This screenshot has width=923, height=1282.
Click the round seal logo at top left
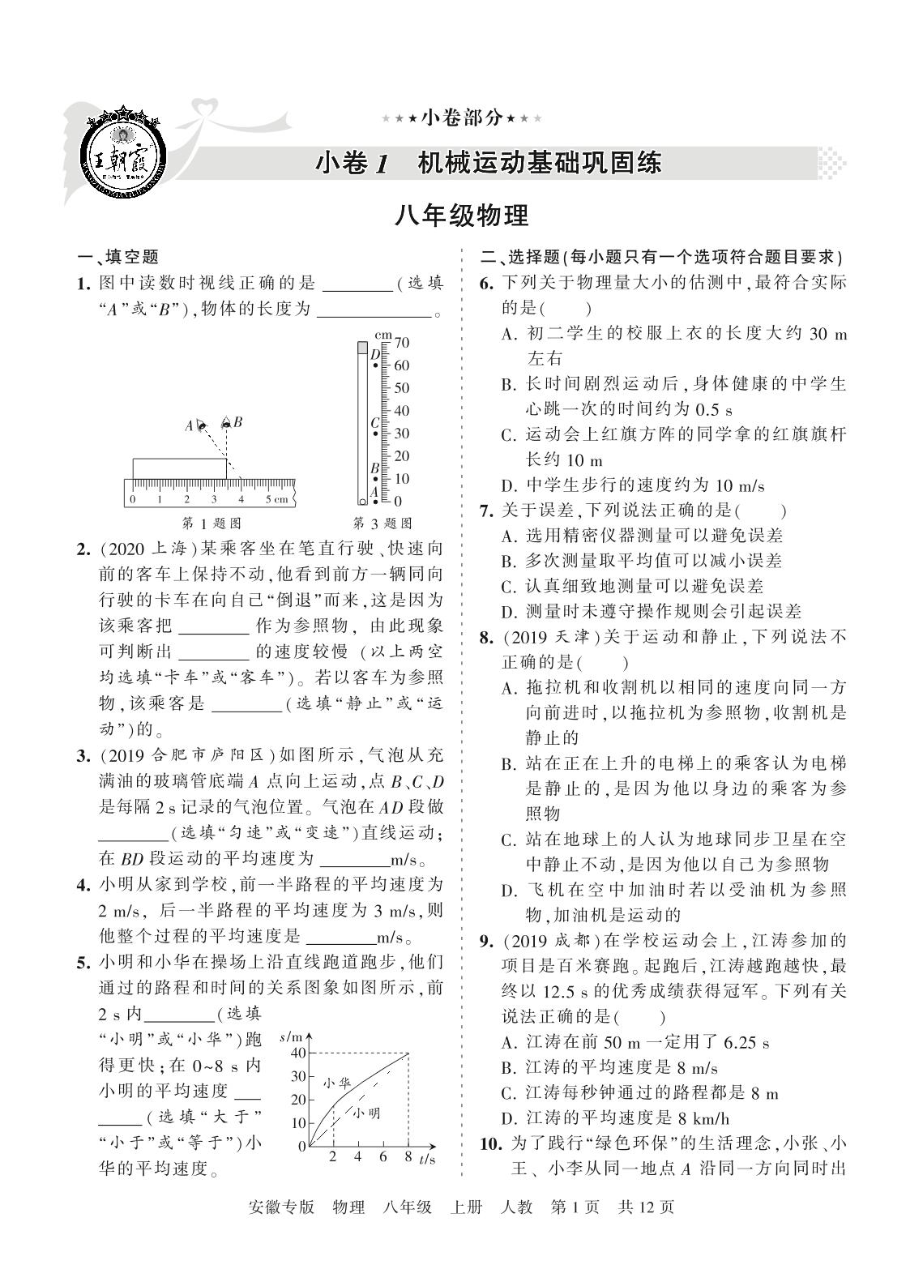[x=123, y=151]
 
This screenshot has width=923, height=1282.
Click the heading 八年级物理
[x=461, y=216]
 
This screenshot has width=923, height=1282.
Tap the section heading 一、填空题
[x=118, y=257]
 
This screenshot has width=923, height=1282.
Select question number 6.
[x=486, y=283]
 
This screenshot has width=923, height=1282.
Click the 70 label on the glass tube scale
[x=402, y=343]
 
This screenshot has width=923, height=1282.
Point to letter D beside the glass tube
[x=374, y=354]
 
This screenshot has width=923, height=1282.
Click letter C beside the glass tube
[x=374, y=422]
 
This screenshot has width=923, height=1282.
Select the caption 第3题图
[x=382, y=523]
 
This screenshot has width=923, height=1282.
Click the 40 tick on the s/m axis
[x=297, y=1053]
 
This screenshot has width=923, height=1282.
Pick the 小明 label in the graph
[x=365, y=1113]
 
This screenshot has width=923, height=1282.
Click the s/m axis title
[x=289, y=1037]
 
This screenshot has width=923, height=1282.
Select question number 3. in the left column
[x=83, y=756]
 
